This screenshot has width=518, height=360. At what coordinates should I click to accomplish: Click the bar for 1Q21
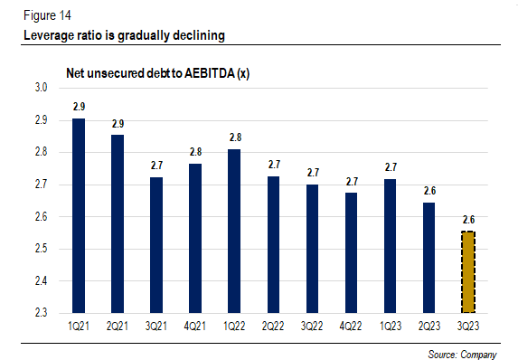(80, 215)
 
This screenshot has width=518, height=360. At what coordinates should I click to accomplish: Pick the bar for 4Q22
(351, 252)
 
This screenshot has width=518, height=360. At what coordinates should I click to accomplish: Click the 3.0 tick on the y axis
(41, 88)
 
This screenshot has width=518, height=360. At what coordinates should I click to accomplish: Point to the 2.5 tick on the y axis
(41, 249)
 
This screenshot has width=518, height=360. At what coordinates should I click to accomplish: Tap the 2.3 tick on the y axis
(41, 313)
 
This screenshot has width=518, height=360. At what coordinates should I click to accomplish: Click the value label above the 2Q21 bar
(118, 122)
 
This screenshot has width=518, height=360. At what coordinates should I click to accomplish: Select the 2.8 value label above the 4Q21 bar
(195, 152)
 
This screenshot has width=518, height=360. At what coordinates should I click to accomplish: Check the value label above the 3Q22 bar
(312, 172)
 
